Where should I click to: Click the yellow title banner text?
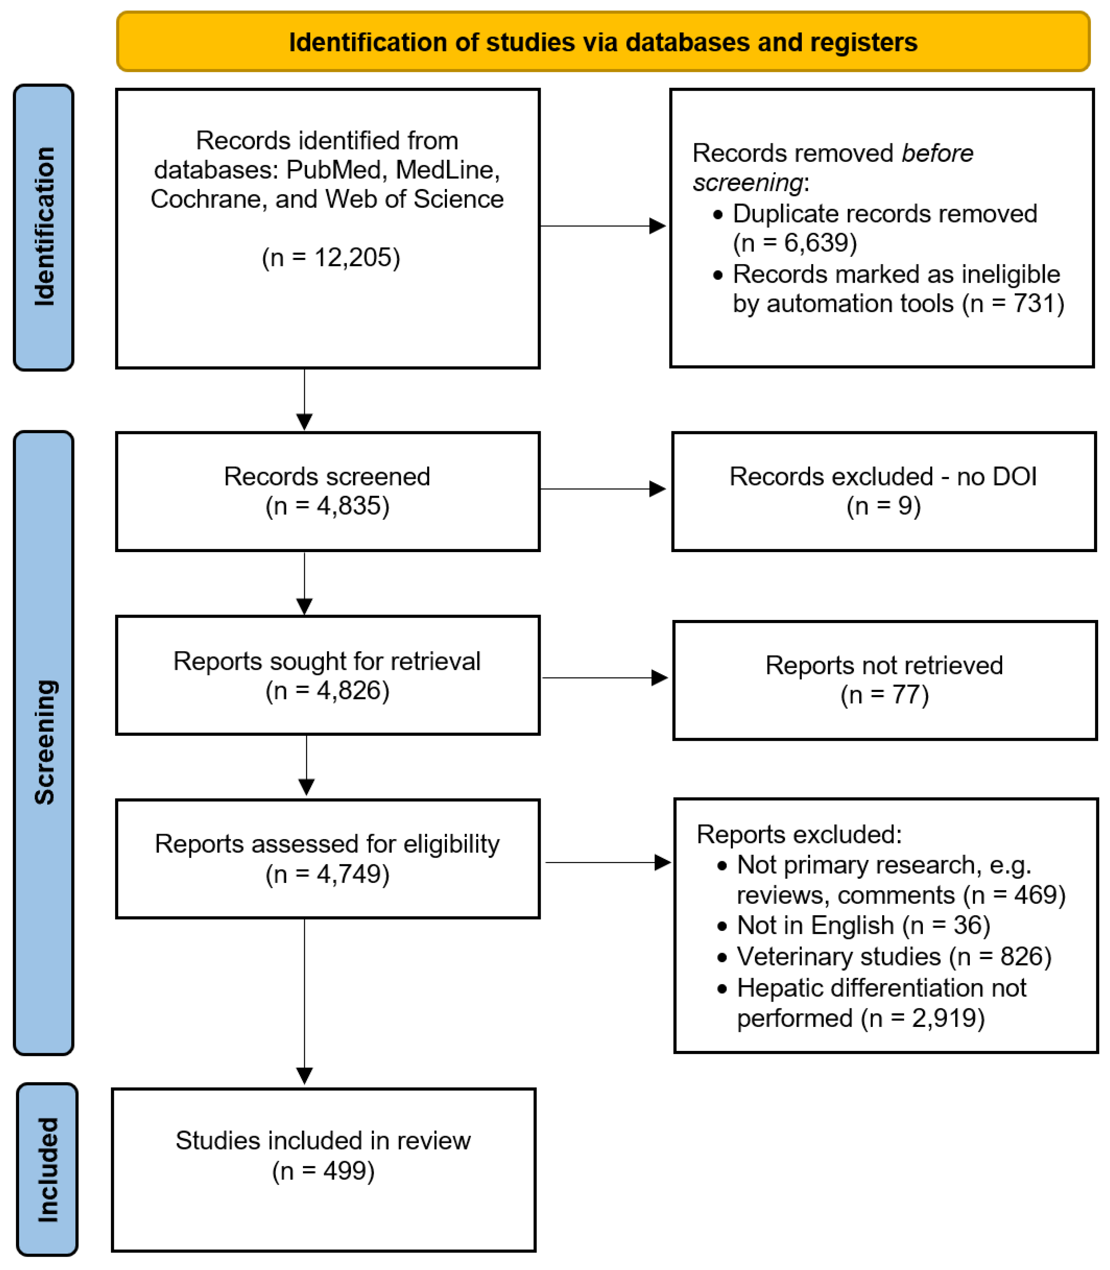click(x=603, y=42)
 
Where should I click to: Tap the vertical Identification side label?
click(x=44, y=227)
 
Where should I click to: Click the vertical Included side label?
click(x=47, y=1170)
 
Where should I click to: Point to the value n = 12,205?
click(x=331, y=258)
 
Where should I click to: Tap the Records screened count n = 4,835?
click(x=327, y=506)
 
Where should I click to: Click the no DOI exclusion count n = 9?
click(x=883, y=506)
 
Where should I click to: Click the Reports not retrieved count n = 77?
click(x=884, y=695)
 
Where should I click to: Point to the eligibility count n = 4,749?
click(x=327, y=874)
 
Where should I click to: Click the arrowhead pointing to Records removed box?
click(x=657, y=226)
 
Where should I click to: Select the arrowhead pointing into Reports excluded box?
click(x=662, y=862)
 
